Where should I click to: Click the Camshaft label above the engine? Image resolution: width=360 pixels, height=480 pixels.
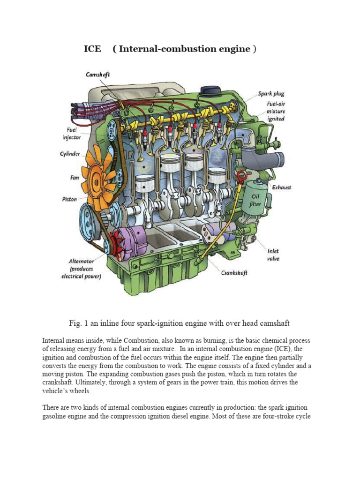tap(98, 75)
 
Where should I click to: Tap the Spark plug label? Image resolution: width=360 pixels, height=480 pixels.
tap(271, 94)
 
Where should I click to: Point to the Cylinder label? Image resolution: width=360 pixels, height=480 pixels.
tap(69, 154)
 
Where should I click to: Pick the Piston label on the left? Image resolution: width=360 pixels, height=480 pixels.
tap(69, 199)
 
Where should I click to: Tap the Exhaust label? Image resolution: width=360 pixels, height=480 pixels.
tap(281, 187)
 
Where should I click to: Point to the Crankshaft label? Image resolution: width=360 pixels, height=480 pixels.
tap(234, 273)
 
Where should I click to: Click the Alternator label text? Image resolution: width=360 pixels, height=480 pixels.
tap(81, 261)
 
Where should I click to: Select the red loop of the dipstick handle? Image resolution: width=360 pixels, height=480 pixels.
tap(241, 177)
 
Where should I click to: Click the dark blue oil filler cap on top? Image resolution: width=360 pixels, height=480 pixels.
tap(210, 90)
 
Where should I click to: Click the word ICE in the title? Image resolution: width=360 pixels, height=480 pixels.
tap(92, 49)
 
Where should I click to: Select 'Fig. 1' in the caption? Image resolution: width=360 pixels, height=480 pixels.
tap(79, 323)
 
